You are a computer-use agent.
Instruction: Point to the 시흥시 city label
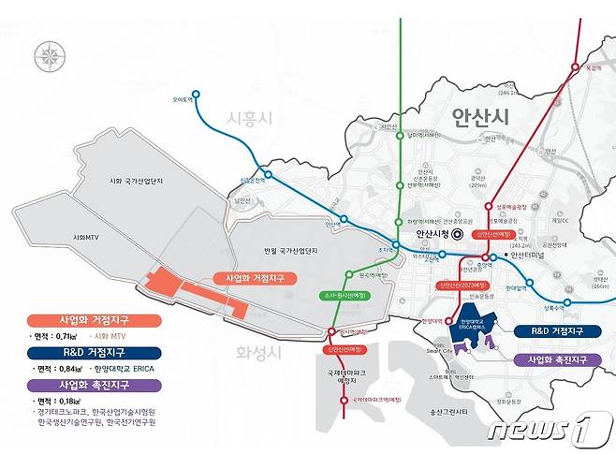248,118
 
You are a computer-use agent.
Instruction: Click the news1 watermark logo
548,429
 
